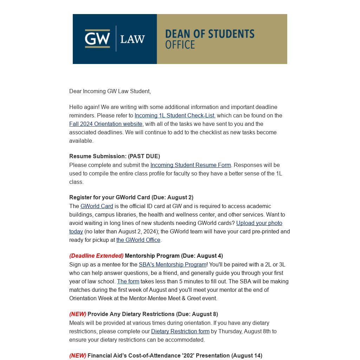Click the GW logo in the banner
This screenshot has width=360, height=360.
97,38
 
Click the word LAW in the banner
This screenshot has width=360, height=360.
133,39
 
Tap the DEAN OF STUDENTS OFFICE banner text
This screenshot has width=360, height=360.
210,39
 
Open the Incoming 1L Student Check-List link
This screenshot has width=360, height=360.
174,116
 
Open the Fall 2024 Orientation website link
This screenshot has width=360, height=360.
106,124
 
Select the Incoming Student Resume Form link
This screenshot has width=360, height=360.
191,165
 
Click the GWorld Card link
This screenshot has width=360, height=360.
97,206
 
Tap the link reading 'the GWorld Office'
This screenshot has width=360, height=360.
138,240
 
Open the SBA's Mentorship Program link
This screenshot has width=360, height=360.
172,265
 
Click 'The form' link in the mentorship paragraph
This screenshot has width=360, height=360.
128,282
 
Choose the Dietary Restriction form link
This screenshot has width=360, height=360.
180,332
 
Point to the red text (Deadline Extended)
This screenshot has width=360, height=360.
96,256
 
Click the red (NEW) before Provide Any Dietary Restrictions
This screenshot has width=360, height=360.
78,314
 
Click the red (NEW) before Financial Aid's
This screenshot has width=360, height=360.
78,356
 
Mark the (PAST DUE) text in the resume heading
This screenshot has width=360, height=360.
144,156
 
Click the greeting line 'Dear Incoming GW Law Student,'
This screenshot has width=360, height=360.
110,91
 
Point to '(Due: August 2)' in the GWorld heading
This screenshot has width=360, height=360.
172,198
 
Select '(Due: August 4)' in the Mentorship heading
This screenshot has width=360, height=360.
202,256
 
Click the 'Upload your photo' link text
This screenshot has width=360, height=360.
259,223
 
